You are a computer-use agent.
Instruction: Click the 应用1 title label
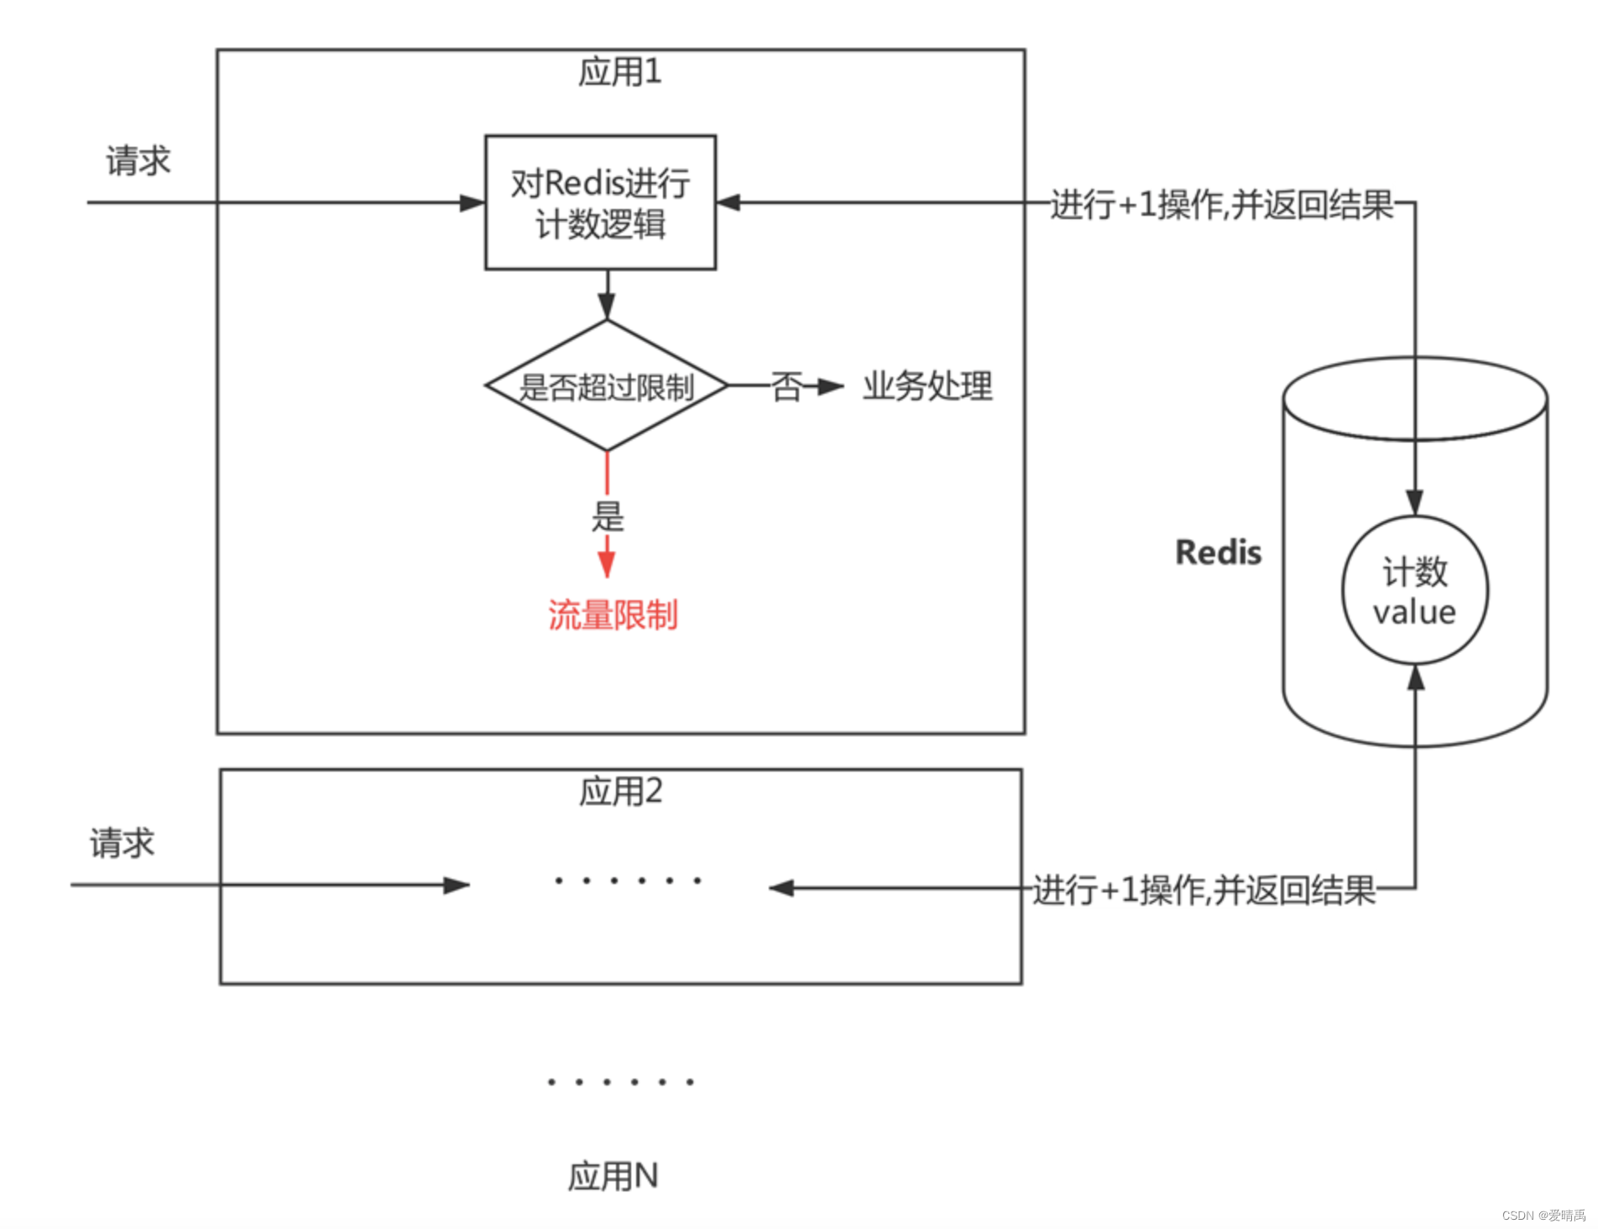point(619,72)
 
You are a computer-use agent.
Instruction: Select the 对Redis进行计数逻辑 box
point(600,202)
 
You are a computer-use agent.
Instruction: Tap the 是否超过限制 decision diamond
point(606,386)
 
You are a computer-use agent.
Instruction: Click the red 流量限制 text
point(613,615)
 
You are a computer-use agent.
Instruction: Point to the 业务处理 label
point(927,386)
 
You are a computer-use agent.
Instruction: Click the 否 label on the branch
point(786,387)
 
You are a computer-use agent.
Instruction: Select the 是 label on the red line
point(608,516)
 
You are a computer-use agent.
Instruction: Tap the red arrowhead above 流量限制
point(607,564)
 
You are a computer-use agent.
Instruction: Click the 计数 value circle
point(1415,591)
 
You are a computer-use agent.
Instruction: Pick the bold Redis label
point(1218,552)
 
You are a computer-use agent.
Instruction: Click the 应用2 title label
point(620,792)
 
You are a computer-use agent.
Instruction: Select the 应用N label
point(613,1176)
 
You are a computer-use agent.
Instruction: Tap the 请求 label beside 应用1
point(138,160)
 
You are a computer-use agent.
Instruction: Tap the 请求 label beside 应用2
point(123,843)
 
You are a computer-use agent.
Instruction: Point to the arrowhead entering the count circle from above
point(1415,504)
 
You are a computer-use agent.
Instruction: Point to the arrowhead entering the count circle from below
point(1416,677)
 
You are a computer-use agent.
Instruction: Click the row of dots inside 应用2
point(627,881)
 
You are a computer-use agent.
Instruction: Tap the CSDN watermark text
point(1543,1216)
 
